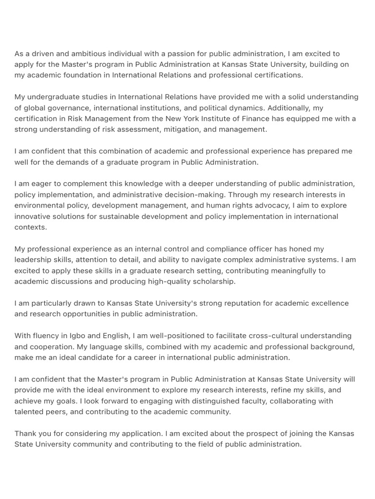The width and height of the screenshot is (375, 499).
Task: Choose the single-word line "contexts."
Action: [x=31, y=227]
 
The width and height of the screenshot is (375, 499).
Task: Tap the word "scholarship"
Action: [x=211, y=281]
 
